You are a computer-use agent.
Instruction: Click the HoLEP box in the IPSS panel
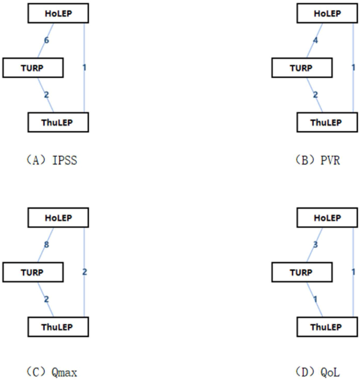(58, 14)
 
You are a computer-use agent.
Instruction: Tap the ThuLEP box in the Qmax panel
(57, 325)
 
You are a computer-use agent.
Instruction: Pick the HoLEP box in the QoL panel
(327, 218)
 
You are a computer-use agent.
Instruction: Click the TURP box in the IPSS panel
(33, 67)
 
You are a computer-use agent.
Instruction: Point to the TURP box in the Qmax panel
(33, 272)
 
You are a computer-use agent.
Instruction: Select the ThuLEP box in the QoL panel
(327, 325)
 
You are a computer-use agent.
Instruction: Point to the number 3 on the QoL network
(315, 246)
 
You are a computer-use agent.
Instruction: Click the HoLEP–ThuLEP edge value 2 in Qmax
(84, 272)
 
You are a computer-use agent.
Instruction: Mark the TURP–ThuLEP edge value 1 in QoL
(315, 298)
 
